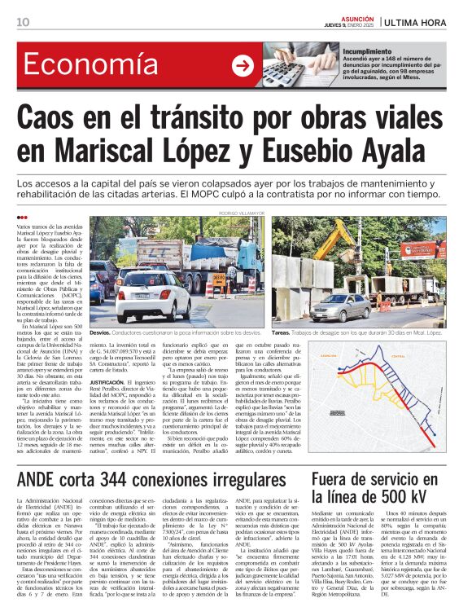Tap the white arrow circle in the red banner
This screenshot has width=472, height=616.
[x=243, y=66]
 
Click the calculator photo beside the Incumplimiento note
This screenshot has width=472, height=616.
[x=302, y=65]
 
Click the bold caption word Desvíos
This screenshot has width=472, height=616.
[x=100, y=332]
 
